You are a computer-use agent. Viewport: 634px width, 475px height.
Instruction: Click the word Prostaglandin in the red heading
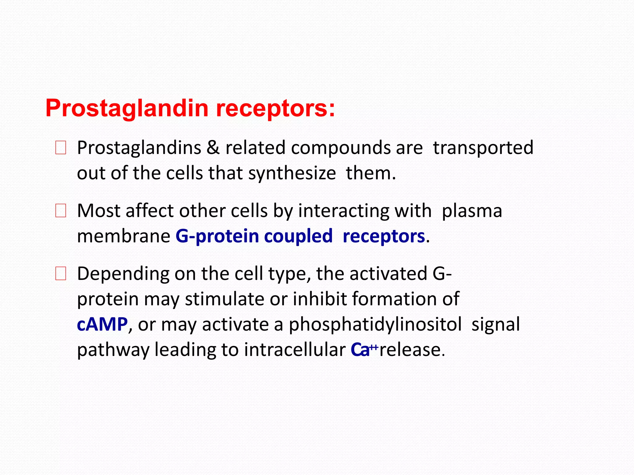(x=127, y=109)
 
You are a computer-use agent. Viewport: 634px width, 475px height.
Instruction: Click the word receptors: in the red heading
(x=275, y=109)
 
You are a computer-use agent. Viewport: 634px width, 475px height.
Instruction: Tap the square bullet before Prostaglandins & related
(x=60, y=148)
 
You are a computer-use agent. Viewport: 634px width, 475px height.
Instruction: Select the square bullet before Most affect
(x=60, y=211)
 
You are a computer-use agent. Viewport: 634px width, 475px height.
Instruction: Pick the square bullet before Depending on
(x=60, y=274)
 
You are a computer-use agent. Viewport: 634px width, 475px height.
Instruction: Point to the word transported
(x=483, y=148)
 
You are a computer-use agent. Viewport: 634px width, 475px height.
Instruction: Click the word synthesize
(x=292, y=173)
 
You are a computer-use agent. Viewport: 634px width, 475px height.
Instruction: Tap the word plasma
(x=471, y=211)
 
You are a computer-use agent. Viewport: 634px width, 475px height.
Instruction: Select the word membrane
(x=124, y=236)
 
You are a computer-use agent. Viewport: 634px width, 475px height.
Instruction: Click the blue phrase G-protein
(x=217, y=236)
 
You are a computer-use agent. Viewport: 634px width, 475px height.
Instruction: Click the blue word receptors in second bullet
(x=384, y=236)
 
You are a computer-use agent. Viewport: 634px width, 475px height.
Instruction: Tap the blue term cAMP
(x=102, y=325)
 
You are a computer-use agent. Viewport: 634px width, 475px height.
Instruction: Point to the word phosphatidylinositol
(x=375, y=325)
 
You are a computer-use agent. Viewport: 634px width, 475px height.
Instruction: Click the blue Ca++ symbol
(x=364, y=350)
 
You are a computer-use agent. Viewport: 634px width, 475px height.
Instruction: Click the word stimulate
(x=224, y=299)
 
